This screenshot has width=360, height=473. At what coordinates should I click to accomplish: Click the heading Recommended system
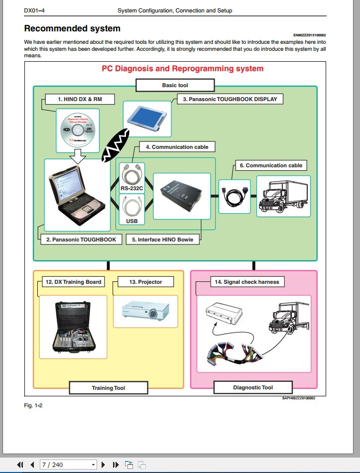(x=72, y=28)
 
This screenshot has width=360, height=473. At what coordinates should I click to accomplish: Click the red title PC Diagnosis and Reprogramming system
(x=182, y=69)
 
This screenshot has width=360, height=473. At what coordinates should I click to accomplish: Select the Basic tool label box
(x=175, y=85)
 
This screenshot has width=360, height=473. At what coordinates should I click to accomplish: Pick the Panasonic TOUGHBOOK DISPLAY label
(x=230, y=99)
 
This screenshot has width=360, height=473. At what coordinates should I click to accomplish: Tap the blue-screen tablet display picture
(x=147, y=117)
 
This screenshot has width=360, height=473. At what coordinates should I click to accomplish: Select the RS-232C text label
(x=132, y=189)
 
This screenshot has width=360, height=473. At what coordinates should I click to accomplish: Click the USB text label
(x=132, y=220)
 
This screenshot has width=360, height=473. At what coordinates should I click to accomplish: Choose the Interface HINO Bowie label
(x=162, y=239)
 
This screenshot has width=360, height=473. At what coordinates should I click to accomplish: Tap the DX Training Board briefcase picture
(x=73, y=326)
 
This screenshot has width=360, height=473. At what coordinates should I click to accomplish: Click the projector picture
(x=145, y=311)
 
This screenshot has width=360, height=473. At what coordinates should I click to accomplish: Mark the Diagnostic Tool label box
(x=253, y=387)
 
